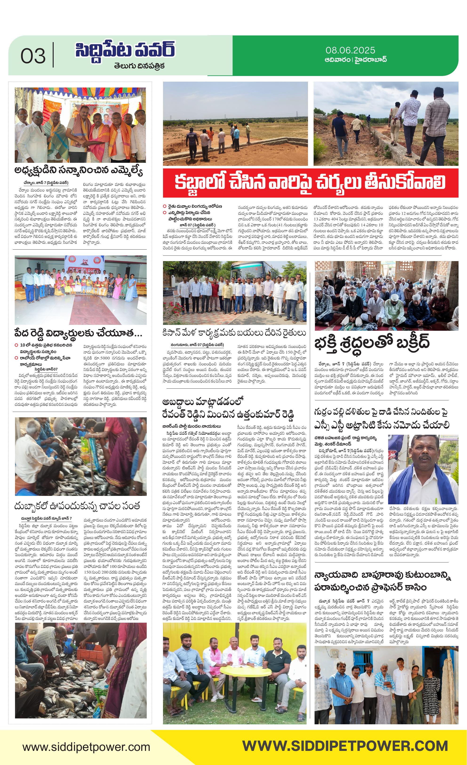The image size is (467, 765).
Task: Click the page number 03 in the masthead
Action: click(x=33, y=56)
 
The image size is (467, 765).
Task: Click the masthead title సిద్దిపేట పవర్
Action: click(x=125, y=50)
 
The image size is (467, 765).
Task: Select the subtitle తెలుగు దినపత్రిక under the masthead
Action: click(x=139, y=66)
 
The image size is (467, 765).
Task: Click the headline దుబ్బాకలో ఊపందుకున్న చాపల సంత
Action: click(x=77, y=506)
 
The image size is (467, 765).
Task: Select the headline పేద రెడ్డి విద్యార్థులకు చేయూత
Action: click(x=78, y=333)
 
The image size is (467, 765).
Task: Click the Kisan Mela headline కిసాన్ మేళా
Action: click(x=234, y=333)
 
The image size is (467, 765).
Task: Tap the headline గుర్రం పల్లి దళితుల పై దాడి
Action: click(x=382, y=418)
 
